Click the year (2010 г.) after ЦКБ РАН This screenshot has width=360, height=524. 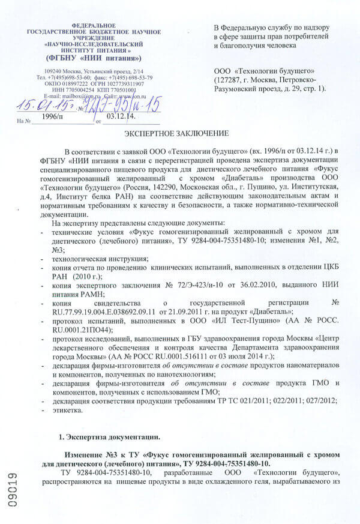[x=87, y=276]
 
